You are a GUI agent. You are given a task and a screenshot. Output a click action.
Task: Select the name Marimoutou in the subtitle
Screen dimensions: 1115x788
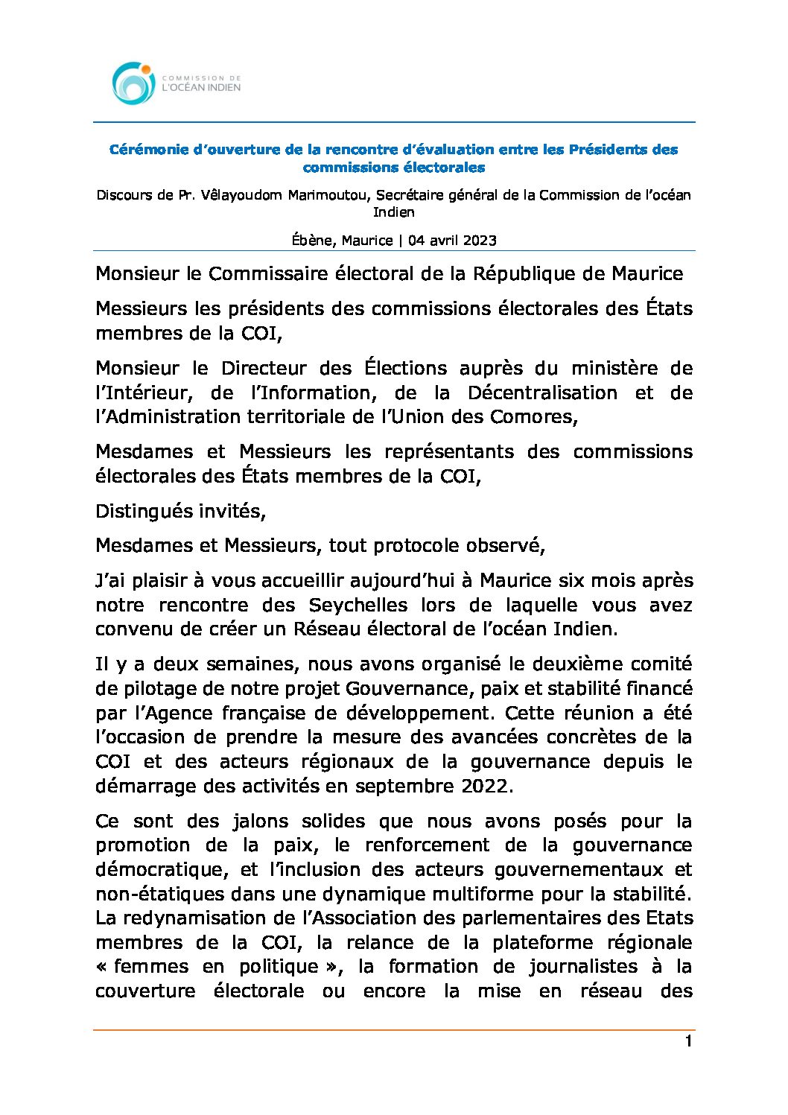[x=331, y=195]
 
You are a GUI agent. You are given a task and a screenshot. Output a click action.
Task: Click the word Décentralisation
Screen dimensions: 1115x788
[x=542, y=393]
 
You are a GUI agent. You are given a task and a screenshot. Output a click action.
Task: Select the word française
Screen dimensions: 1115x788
[x=264, y=713]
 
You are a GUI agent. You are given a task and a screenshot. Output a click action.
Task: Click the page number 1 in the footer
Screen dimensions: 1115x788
[x=688, y=1041]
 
